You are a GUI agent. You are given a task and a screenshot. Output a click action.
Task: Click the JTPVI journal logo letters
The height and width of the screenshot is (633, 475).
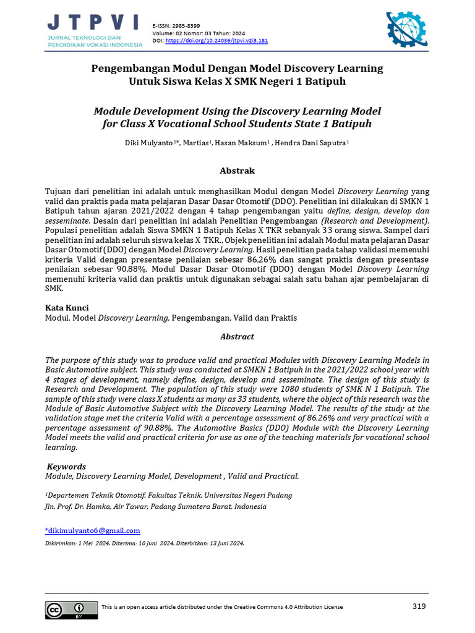pos(93,23)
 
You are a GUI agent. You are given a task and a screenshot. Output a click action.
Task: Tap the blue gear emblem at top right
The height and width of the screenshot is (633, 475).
pos(406,30)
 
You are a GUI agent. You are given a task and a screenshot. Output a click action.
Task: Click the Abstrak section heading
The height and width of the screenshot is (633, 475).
pos(237,171)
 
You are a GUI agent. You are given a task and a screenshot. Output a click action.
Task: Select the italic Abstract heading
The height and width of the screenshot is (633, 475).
pos(237,337)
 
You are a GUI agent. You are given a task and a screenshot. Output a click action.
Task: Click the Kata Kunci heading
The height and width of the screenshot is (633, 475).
pos(67,308)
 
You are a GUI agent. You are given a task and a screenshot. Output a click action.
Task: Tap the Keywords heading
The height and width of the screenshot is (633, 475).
pos(67,467)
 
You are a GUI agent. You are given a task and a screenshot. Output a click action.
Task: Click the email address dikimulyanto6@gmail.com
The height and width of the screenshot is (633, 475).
pos(93,530)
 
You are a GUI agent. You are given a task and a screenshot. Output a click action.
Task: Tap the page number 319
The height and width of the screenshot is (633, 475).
pos(419,606)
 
